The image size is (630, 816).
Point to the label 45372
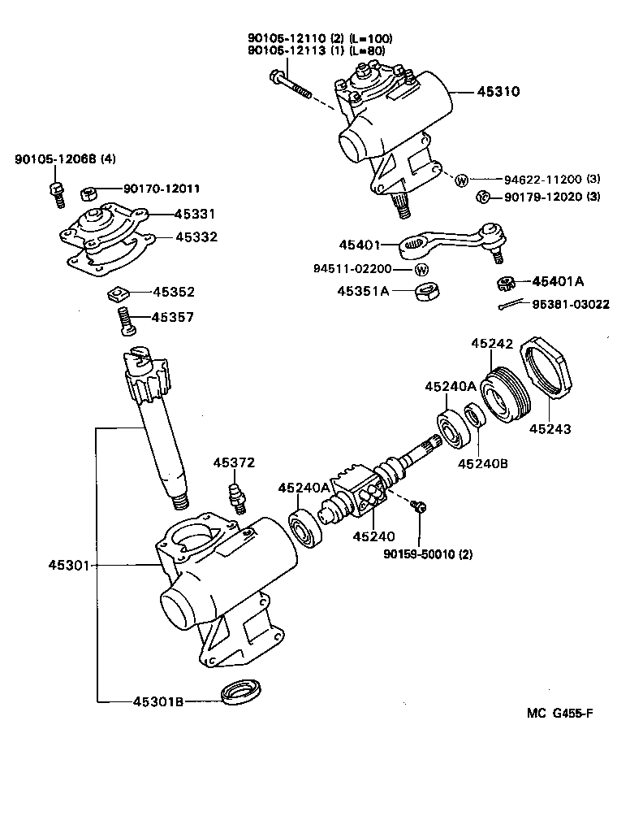235,462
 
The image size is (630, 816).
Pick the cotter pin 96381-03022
510,306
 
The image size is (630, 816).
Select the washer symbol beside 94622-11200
461,180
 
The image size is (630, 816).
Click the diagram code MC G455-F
559,714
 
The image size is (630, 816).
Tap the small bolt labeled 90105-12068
57,191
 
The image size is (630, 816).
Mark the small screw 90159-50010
420,507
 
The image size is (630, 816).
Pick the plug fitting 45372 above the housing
237,494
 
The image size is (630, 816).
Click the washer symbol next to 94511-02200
421,269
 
